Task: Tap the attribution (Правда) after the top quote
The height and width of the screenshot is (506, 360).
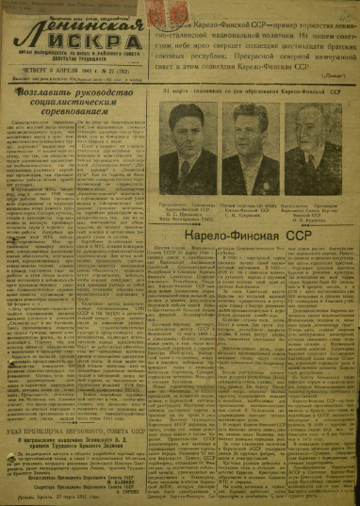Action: tap(335, 78)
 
